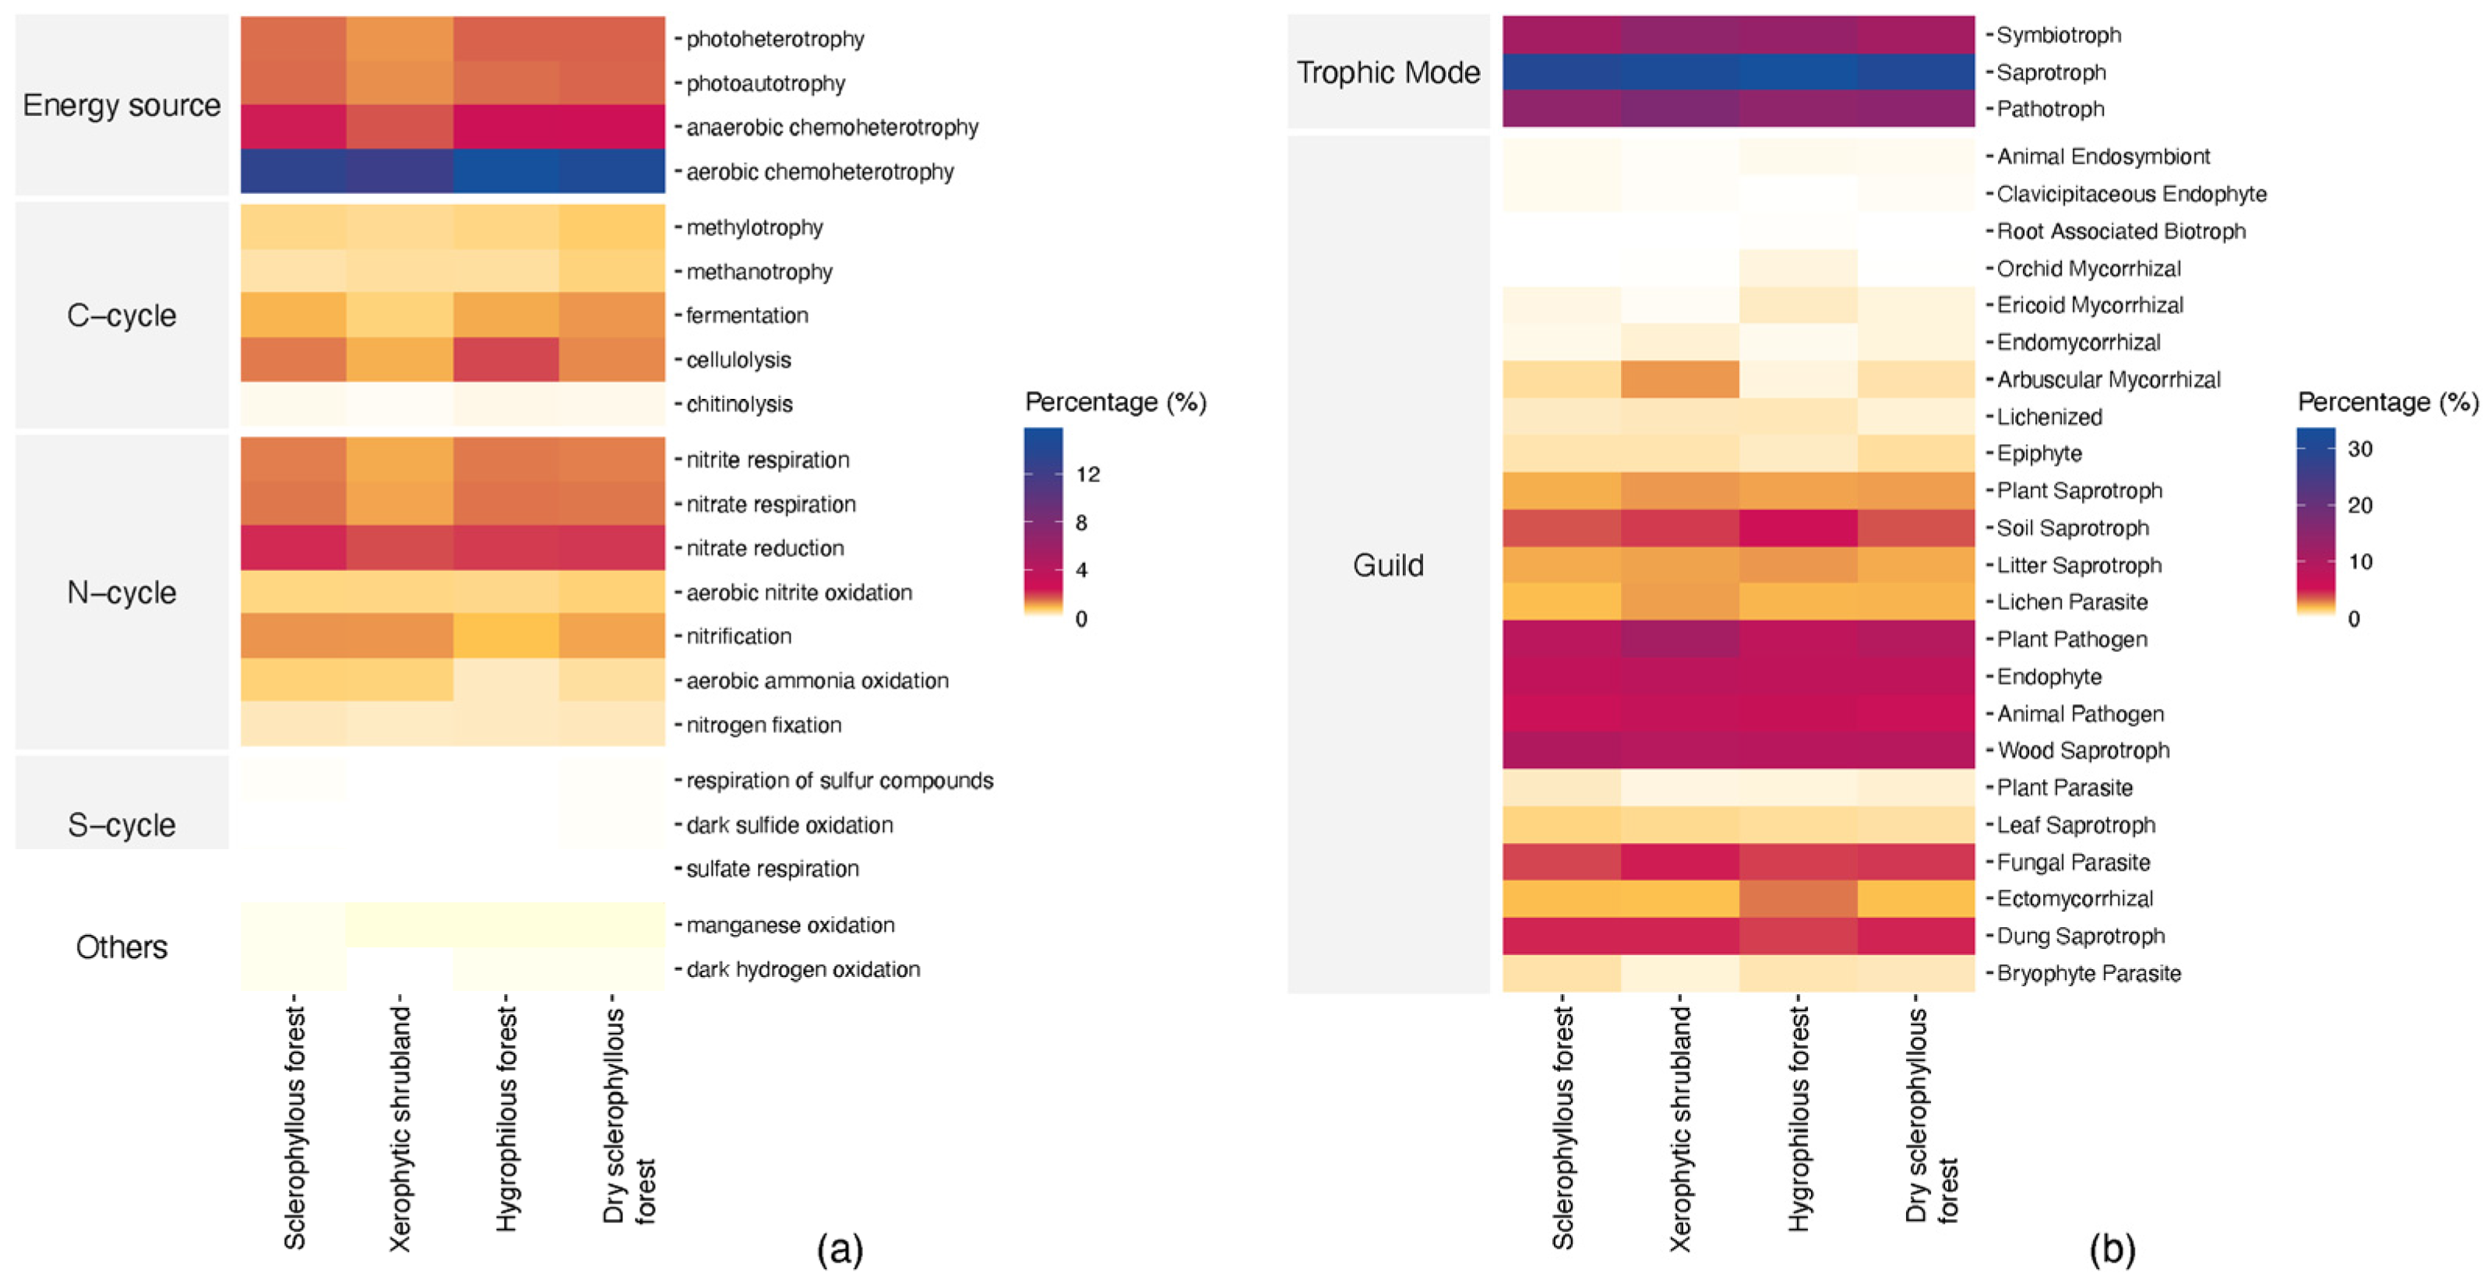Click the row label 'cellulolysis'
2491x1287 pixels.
click(738, 360)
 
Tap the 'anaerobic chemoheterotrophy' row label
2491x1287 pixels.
click(832, 128)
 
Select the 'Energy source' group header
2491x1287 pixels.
click(122, 104)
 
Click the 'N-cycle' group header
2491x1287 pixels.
click(122, 592)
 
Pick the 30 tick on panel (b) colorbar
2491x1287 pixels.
click(2359, 449)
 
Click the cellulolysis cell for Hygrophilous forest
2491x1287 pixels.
click(506, 360)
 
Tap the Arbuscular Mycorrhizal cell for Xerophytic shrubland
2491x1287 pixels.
click(1679, 379)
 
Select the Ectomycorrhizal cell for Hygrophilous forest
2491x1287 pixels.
click(1798, 898)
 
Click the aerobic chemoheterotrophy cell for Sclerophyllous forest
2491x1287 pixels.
click(294, 171)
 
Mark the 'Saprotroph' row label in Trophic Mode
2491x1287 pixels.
click(2050, 72)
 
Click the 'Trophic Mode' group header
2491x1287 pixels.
click(1387, 72)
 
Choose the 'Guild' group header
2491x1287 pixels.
click(1387, 565)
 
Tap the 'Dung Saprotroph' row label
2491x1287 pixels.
click(2080, 936)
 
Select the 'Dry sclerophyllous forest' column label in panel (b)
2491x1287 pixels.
click(1931, 1117)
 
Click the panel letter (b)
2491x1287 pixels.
click(2111, 1250)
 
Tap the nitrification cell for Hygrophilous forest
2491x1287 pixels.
click(506, 636)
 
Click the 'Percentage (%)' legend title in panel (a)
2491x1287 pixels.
click(1115, 402)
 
